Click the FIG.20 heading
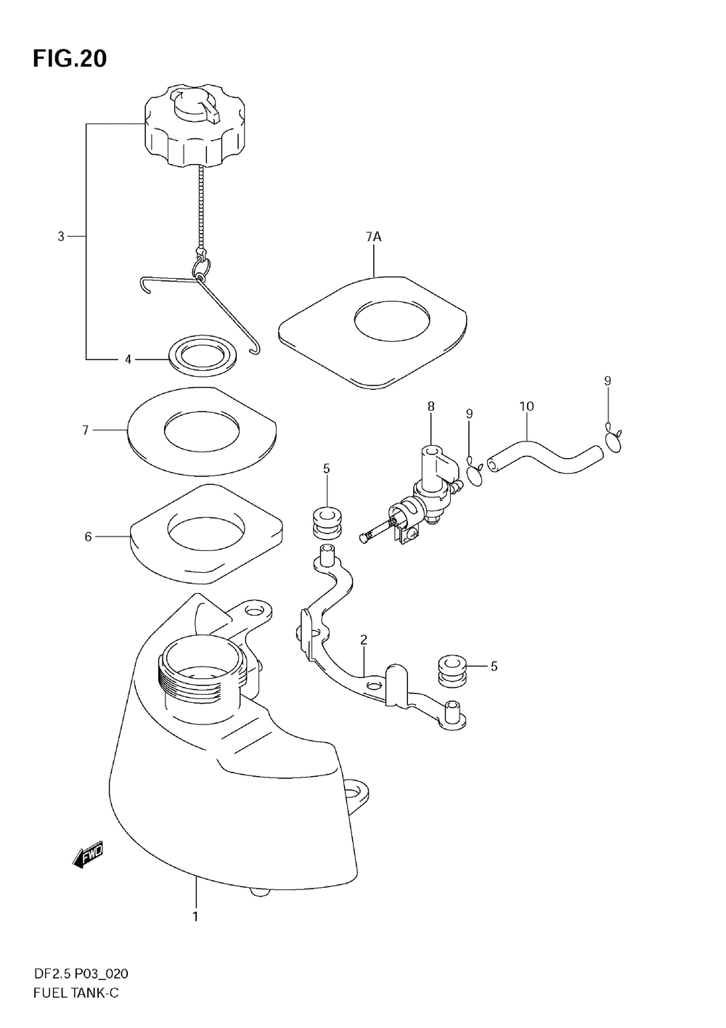click(x=70, y=59)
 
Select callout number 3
click(x=61, y=236)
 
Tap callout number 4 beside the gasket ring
click(x=128, y=359)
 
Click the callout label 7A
click(x=373, y=237)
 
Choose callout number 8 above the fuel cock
click(x=431, y=407)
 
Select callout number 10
click(x=526, y=407)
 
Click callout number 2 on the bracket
click(x=364, y=640)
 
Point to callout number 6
click(x=88, y=537)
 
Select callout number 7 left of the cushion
click(x=85, y=431)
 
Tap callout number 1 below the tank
click(x=195, y=917)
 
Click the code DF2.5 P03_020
click(x=81, y=974)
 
